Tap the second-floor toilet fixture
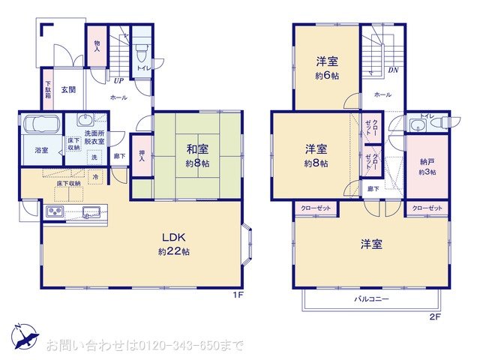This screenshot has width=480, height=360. pyautogui.click(x=439, y=122)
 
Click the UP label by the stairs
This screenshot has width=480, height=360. pyautogui.click(x=118, y=82)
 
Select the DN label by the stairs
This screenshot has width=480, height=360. pyautogui.click(x=392, y=70)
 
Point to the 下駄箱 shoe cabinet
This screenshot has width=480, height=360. pyautogui.click(x=47, y=90)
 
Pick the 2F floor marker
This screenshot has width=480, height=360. pyautogui.click(x=434, y=317)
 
